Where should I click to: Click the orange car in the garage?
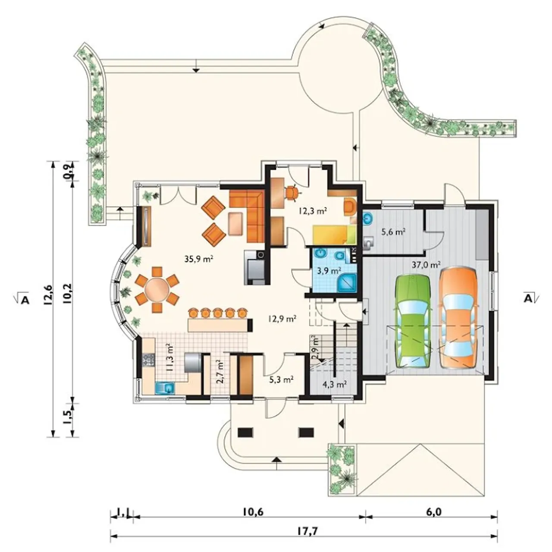click(458, 317)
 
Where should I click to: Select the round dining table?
click(157, 290)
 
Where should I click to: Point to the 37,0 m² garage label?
click(426, 264)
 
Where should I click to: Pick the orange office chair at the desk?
click(292, 192)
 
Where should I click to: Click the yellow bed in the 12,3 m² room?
click(334, 234)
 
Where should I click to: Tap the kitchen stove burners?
click(149, 360)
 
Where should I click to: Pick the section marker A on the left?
click(25, 300)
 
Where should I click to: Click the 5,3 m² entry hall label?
click(281, 380)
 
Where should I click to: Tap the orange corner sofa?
click(247, 211)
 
